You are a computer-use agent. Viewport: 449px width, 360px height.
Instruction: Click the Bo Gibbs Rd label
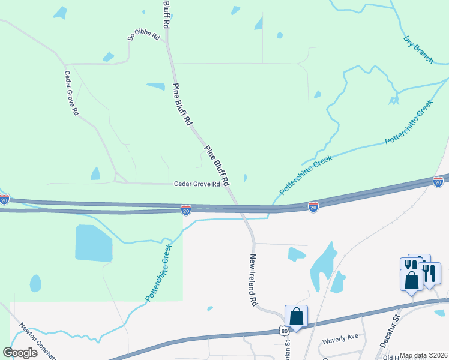click(x=144, y=36)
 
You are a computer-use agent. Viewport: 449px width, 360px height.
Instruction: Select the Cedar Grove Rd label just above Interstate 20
click(x=197, y=184)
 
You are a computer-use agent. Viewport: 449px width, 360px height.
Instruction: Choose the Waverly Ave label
click(x=340, y=338)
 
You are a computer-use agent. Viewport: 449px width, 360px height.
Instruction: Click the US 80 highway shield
click(x=283, y=331)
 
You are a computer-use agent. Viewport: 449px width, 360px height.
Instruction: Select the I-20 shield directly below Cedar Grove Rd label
click(x=186, y=209)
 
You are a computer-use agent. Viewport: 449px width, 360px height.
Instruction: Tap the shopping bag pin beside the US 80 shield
click(x=296, y=316)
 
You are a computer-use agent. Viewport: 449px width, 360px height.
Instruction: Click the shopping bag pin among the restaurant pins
click(x=412, y=280)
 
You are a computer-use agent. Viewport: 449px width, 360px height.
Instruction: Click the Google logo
click(x=20, y=353)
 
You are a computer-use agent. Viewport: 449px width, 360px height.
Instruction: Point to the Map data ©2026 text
click(x=423, y=355)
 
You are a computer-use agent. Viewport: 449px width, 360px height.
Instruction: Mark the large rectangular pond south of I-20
click(x=94, y=243)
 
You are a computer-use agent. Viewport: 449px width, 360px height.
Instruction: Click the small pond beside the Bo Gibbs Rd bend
click(x=109, y=57)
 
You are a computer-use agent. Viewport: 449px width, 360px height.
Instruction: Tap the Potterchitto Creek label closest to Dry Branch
click(x=409, y=122)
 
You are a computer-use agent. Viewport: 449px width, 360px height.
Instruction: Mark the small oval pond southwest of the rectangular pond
click(x=35, y=283)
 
